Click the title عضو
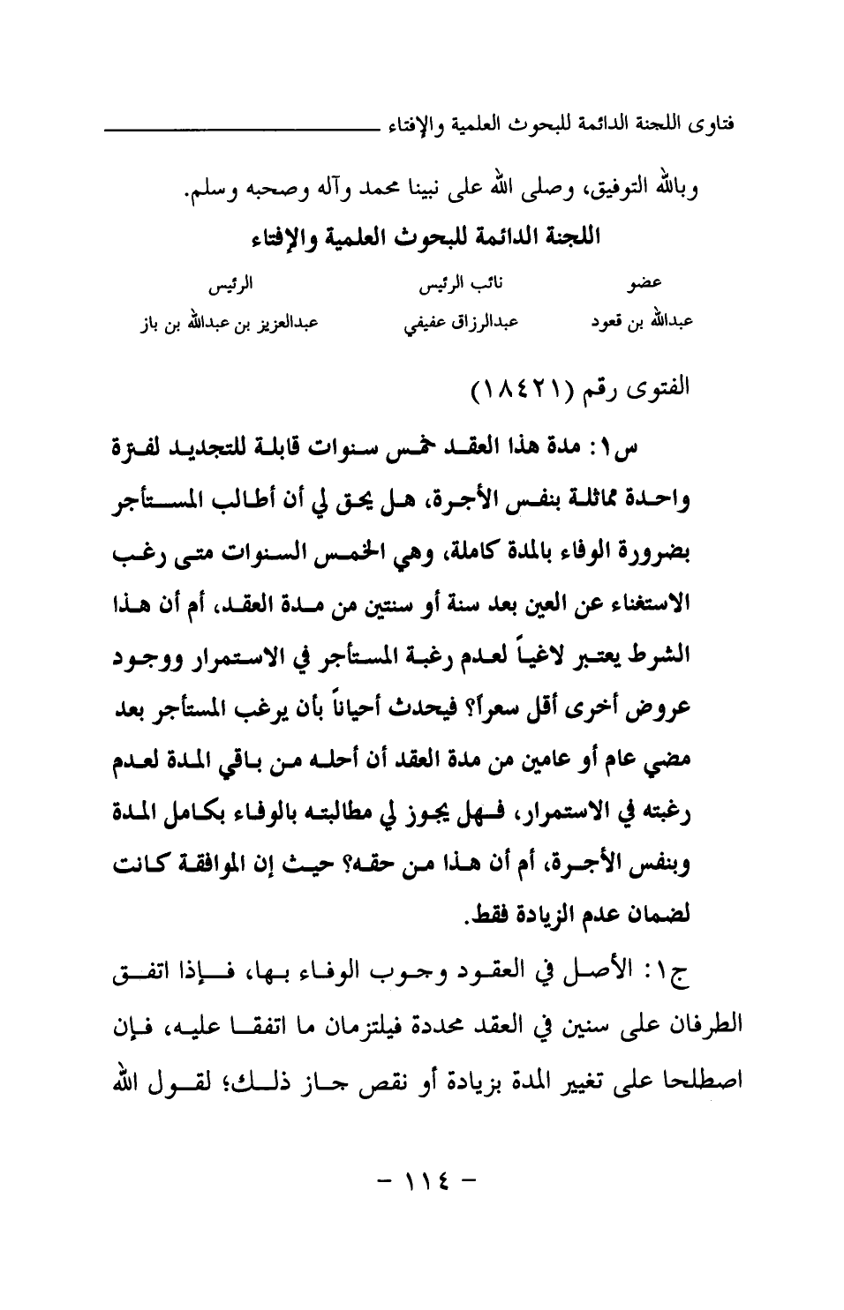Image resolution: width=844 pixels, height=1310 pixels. pos(646,284)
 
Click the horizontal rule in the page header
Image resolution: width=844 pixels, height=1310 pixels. pos(242,131)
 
